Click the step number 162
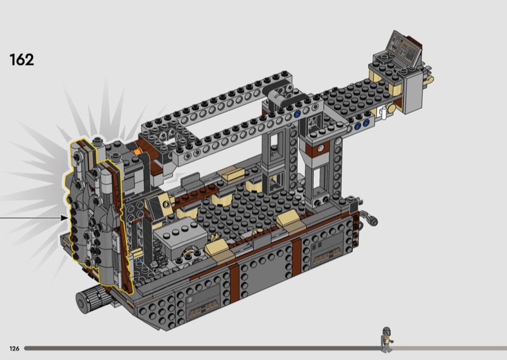(x=22, y=60)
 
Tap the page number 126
(x=14, y=349)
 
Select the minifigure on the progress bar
(x=387, y=339)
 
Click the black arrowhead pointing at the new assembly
(x=64, y=218)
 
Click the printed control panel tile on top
(x=404, y=49)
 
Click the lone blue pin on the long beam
(x=297, y=115)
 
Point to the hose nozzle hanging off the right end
(x=370, y=218)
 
